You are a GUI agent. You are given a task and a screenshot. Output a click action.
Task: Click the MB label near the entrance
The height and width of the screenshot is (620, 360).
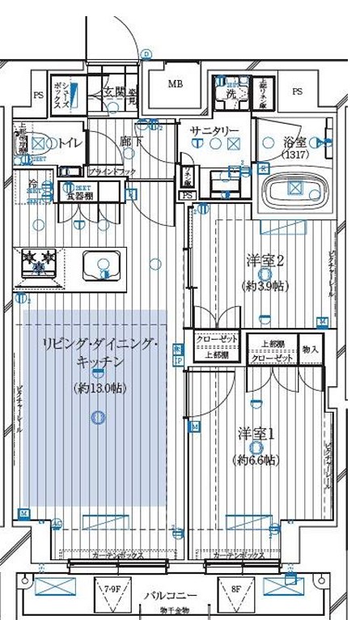click(176, 83)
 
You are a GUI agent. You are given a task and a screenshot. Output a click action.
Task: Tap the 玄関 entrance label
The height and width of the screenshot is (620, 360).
click(113, 92)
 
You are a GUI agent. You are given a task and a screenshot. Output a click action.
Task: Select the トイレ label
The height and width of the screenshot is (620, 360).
click(70, 142)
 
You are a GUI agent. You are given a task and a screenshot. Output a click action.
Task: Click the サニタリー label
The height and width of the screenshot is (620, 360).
click(214, 130)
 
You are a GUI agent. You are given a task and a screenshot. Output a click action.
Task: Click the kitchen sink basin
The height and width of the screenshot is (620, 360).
click(101, 264)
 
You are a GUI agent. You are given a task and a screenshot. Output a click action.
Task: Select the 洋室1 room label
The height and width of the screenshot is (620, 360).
click(256, 433)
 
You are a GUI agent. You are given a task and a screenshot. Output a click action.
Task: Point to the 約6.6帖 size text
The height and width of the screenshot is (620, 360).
click(256, 460)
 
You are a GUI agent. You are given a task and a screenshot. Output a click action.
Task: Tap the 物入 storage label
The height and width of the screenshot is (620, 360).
click(311, 350)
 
